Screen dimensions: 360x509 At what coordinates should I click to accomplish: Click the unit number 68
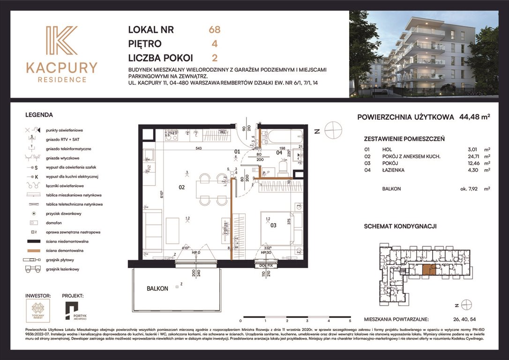click(x=214, y=30)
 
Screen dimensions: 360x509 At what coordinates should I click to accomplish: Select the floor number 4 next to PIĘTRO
click(x=214, y=44)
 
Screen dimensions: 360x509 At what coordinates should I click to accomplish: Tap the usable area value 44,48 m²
click(x=472, y=117)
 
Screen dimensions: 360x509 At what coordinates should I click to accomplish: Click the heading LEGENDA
click(x=39, y=114)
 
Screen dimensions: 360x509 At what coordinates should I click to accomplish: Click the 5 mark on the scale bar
click(x=350, y=322)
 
